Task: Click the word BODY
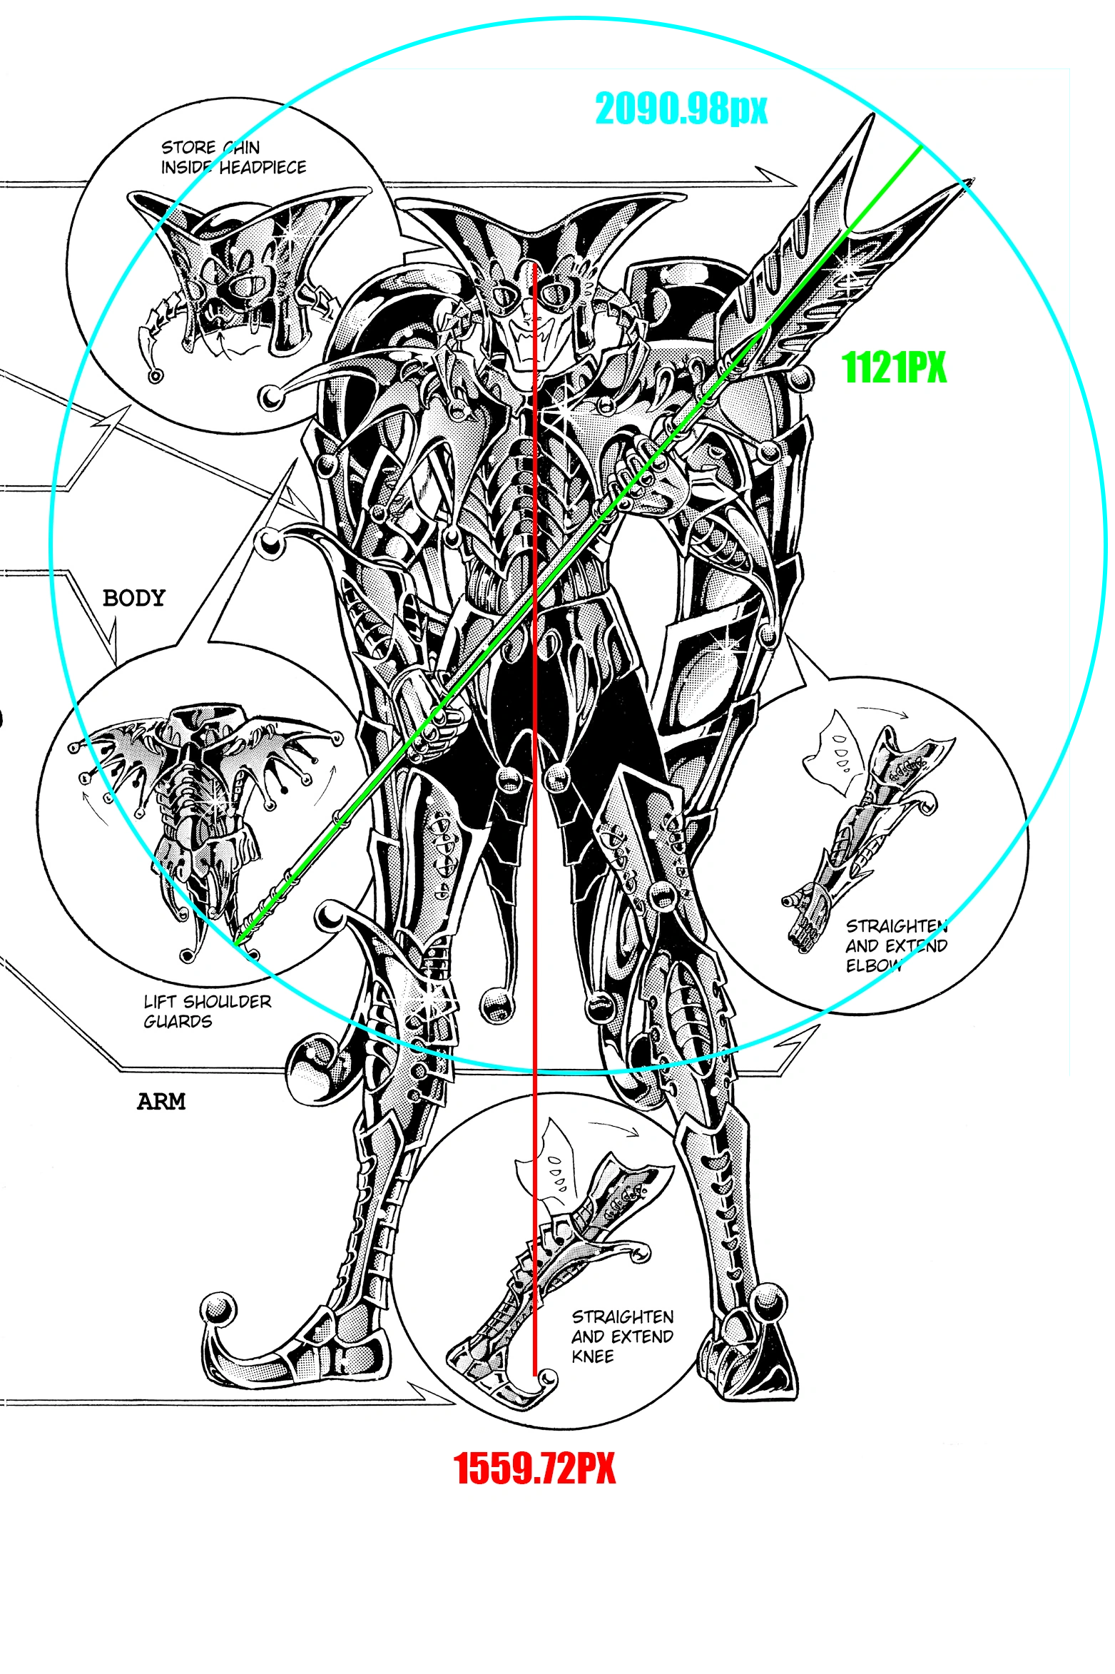pyautogui.click(x=134, y=598)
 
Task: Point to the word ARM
pyautogui.click(x=161, y=1102)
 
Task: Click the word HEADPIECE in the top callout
pyautogui.click(x=263, y=168)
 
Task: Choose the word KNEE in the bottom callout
pyautogui.click(x=592, y=1356)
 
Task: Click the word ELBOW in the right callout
pyautogui.click(x=874, y=965)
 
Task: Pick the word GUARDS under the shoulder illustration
pyautogui.click(x=178, y=1022)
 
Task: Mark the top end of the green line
pyautogui.click(x=921, y=146)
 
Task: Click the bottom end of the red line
pyautogui.click(x=534, y=1375)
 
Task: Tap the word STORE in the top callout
pyautogui.click(x=188, y=148)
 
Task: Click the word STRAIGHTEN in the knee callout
pyautogui.click(x=623, y=1317)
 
